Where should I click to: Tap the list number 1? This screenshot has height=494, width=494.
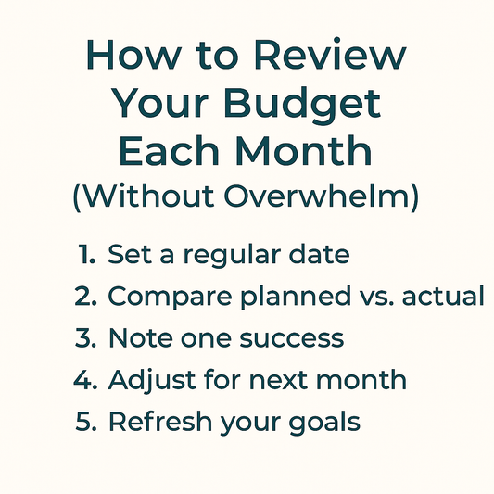pyautogui.click(x=87, y=254)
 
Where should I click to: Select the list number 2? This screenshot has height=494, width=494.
pyautogui.click(x=85, y=297)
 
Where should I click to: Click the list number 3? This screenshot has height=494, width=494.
pyautogui.click(x=85, y=338)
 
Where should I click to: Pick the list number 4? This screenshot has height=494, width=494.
pyautogui.click(x=85, y=380)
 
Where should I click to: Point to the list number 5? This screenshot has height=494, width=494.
pyautogui.click(x=85, y=422)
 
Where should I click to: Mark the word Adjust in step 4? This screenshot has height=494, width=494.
pyautogui.click(x=144, y=380)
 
